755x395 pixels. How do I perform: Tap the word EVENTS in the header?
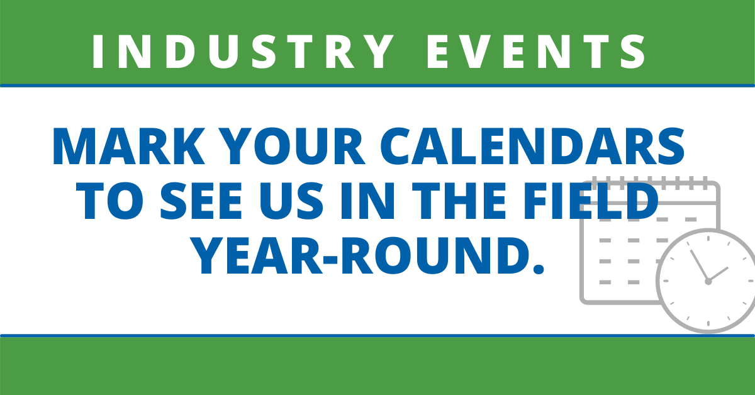(536, 52)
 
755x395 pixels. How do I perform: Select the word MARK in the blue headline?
(128, 147)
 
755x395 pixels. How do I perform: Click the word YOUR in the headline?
(294, 147)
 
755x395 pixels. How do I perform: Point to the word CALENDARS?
(532, 147)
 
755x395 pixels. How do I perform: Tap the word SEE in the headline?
(201, 201)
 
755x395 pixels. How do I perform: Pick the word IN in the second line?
(367, 201)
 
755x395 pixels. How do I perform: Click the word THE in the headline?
(459, 201)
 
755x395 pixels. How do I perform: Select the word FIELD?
(590, 201)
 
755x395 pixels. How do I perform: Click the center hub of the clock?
(708, 281)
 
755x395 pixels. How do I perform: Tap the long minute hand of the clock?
(700, 265)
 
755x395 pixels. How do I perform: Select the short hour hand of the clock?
(719, 274)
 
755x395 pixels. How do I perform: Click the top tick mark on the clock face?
(708, 238)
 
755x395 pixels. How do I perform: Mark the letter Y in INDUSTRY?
(377, 52)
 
